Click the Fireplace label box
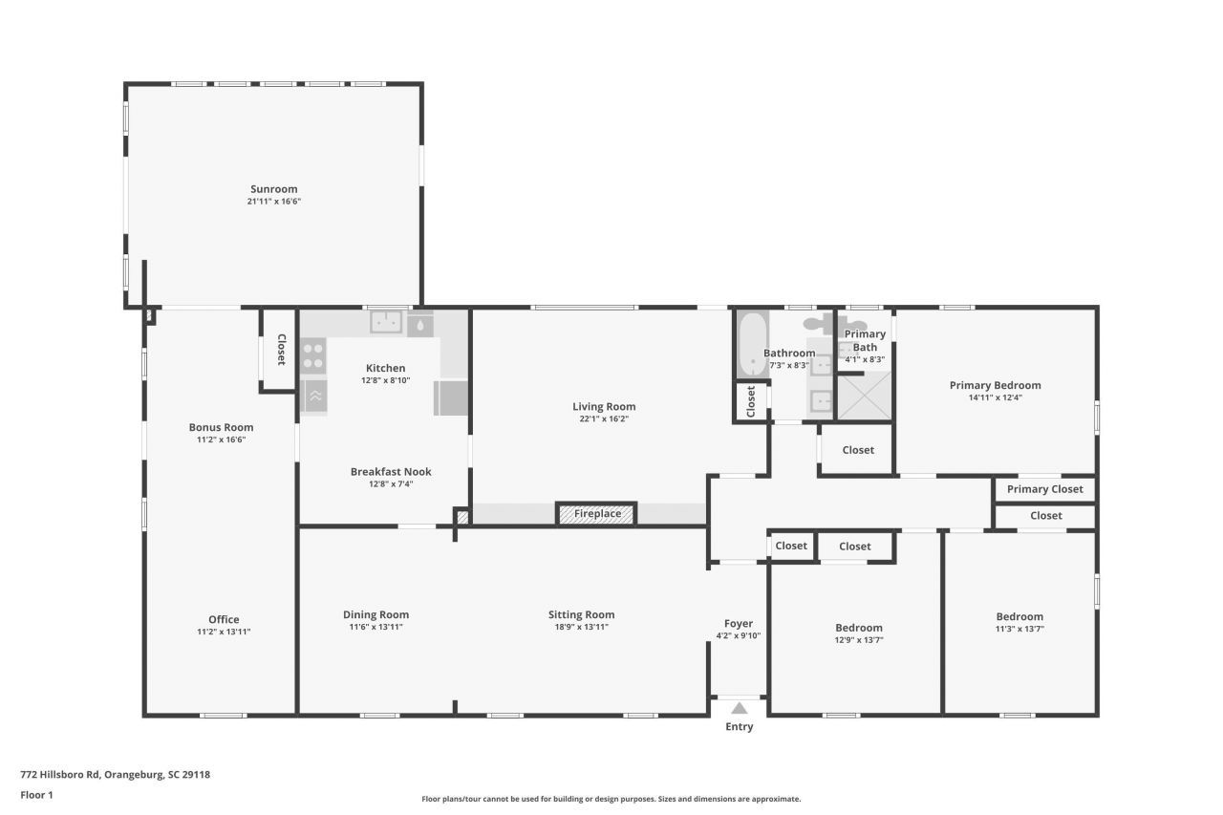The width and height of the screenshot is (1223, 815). [597, 514]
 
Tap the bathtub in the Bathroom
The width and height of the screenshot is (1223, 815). [753, 345]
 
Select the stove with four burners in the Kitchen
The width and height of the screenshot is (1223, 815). [313, 356]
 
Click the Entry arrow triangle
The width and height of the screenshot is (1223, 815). [739, 708]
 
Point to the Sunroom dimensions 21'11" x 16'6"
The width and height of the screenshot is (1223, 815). [274, 202]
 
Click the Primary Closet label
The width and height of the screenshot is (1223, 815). [1045, 489]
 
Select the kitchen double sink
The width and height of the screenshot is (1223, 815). [387, 322]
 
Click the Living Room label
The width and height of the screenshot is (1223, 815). [604, 406]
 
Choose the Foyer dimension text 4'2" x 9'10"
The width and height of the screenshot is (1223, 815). [739, 636]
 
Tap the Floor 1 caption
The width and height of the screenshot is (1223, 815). [36, 795]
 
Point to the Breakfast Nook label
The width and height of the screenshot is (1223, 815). [391, 471]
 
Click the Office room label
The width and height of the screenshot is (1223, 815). [224, 619]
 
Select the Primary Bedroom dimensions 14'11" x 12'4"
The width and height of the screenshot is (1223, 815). [995, 398]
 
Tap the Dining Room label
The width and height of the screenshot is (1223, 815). [375, 614]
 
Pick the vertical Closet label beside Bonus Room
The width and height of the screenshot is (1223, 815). [281, 350]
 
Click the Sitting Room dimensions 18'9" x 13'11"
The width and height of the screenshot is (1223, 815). [581, 628]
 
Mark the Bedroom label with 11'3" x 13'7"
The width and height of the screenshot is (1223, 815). [1019, 616]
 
